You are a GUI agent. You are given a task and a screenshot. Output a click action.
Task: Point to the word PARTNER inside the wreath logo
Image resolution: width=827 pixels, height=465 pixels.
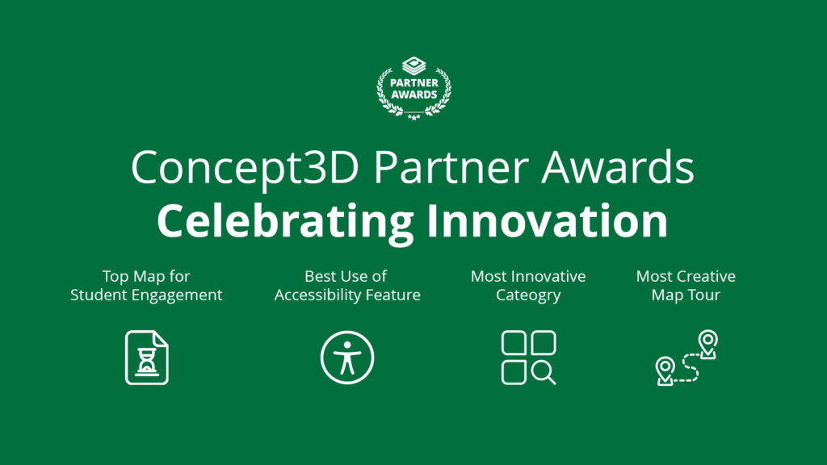(x=414, y=83)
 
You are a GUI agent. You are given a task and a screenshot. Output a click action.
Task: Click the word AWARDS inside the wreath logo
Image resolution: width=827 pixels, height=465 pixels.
(x=414, y=94)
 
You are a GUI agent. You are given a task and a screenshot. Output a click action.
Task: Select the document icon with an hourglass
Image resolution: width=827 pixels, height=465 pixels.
(x=146, y=357)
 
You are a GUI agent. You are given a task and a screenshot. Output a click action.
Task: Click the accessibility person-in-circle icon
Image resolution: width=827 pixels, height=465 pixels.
(x=347, y=357)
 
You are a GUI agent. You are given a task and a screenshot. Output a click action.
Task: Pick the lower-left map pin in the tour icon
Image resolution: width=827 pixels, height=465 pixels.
(x=665, y=371)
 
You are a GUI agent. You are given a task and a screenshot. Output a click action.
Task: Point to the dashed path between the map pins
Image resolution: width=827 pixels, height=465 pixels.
(x=688, y=366)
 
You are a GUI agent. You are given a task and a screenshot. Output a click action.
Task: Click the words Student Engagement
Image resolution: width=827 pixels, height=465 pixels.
(x=146, y=295)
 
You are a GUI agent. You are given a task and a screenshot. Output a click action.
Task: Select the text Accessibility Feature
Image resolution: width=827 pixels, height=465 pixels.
(x=347, y=295)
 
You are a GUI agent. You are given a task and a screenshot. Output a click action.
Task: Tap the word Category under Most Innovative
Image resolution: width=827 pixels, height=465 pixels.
(x=528, y=295)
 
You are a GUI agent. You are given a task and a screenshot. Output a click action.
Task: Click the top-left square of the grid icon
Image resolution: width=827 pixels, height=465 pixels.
(x=514, y=343)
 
